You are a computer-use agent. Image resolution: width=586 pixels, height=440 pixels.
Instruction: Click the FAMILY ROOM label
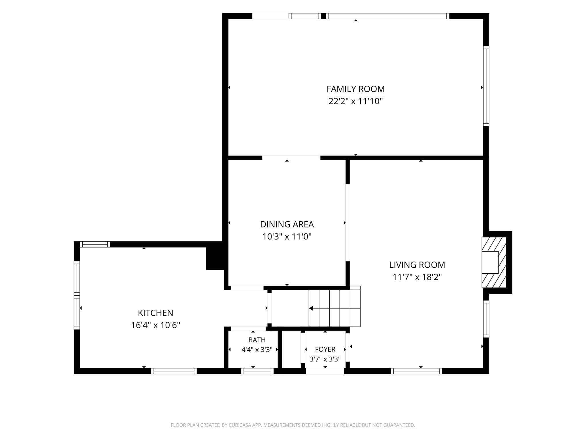coord(356,89)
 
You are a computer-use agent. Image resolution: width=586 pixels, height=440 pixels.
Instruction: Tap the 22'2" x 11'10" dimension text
coord(356,101)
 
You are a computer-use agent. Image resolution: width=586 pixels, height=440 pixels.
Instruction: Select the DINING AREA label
coord(287,224)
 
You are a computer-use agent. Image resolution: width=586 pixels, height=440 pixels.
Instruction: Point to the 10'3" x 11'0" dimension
coord(287,237)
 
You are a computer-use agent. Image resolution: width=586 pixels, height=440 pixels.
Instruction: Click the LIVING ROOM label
coord(417,265)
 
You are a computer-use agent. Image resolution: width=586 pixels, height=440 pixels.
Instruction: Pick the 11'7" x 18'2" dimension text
coord(417,277)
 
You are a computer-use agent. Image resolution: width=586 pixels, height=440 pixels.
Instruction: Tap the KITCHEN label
coord(156,313)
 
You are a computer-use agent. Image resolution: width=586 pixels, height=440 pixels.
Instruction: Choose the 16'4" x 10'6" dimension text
coord(156,325)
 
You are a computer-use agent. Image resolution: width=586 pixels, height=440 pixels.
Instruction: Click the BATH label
coord(257,340)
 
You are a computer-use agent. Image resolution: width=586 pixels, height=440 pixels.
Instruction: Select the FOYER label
coord(325,349)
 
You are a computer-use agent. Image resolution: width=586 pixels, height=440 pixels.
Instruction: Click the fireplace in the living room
coord(494,262)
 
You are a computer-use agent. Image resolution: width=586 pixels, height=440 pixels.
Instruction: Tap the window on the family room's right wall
coord(486,86)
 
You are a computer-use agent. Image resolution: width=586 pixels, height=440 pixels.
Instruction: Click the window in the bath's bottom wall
coord(258,371)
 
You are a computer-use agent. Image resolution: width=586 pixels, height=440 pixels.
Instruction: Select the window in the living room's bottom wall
coord(417,371)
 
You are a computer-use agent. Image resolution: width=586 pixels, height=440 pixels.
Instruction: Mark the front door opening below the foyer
coord(325,371)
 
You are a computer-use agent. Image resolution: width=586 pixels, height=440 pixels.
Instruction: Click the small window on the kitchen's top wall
coord(95,244)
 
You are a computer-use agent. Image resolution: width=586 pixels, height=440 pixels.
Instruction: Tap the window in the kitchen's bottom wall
coord(174,371)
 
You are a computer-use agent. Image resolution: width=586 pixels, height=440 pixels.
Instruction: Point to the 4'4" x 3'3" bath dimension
coord(257,350)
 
